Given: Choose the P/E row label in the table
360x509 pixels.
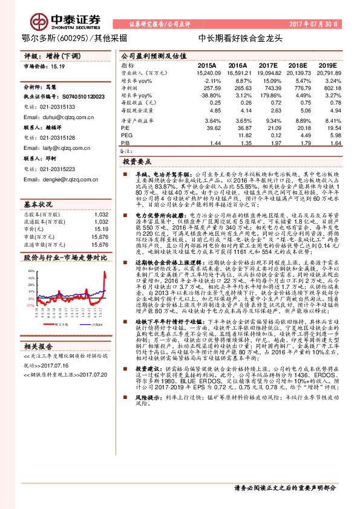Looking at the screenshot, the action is [125, 128].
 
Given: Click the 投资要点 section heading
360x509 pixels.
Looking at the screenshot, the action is [137, 162].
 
